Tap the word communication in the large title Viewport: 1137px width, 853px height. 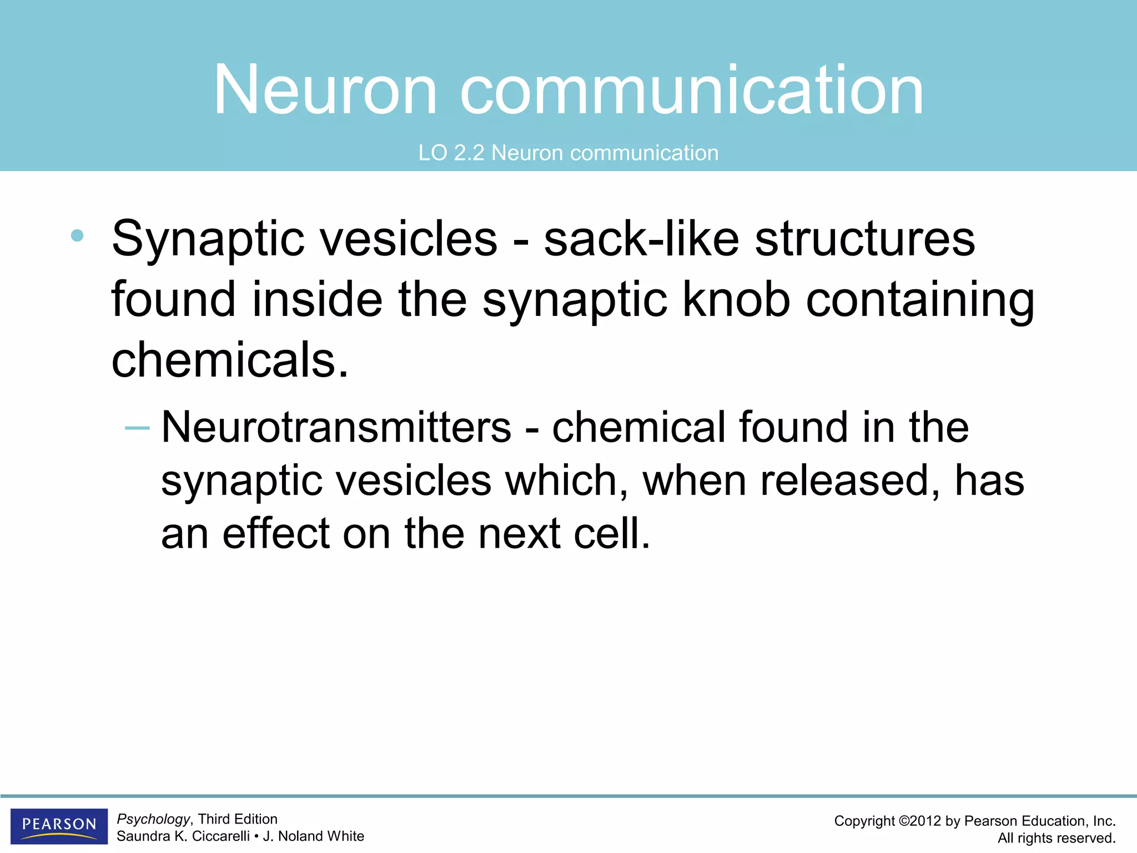[691, 91]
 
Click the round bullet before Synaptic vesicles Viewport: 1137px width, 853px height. [77, 235]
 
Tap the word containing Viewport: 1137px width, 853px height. [920, 300]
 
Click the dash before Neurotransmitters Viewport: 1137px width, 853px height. [137, 428]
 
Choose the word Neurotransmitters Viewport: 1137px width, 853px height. [336, 428]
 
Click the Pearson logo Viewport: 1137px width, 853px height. [59, 826]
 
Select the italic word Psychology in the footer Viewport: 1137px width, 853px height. [153, 819]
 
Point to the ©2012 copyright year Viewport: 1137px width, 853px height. [920, 821]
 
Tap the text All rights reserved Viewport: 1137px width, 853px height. [1056, 838]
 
